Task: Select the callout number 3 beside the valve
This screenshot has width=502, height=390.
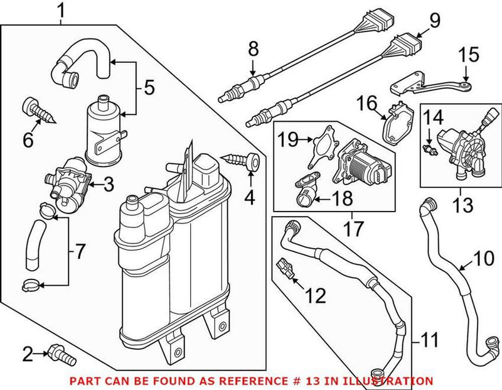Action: coord(108,184)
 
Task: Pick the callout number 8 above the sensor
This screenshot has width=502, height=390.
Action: coord(254,48)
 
